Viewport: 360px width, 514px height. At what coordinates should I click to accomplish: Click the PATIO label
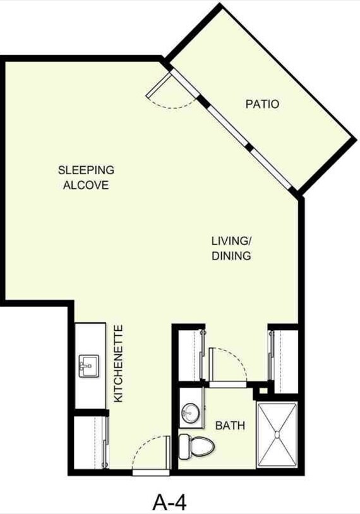(x=262, y=104)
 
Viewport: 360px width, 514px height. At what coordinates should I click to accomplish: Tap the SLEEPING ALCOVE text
(x=86, y=177)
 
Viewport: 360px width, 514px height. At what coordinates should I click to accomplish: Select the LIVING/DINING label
(x=231, y=248)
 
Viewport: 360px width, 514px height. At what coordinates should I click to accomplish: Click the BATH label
(x=231, y=426)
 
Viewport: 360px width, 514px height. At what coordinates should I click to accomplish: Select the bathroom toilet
(x=197, y=446)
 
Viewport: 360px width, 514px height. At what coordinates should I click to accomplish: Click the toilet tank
(x=184, y=446)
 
